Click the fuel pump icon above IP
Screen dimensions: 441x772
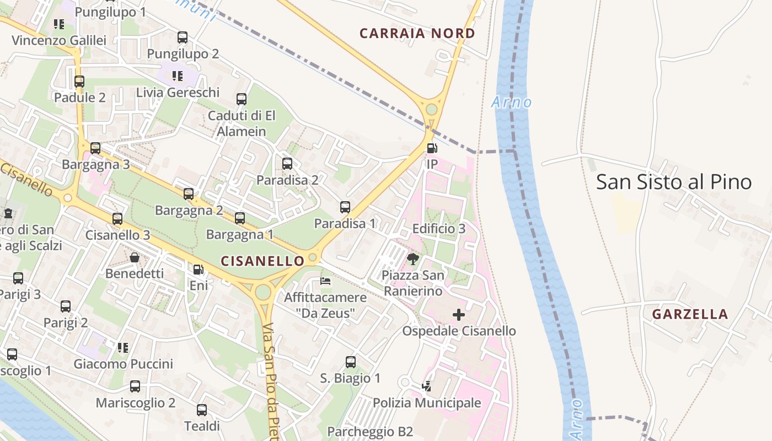coord(432,148)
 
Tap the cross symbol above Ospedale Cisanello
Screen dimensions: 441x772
coord(459,315)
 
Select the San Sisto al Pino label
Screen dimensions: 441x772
coord(674,182)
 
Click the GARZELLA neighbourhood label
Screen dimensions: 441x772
coord(690,315)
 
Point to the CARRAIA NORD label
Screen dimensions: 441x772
coord(417,34)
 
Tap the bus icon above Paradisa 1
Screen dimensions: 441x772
coord(345,207)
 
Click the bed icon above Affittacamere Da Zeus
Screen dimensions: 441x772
coord(325,281)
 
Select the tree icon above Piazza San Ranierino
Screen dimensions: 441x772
coord(412,259)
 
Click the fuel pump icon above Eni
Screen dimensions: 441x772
coord(199,270)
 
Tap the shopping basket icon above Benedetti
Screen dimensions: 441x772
coord(135,257)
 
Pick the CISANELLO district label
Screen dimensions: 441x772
coord(262,261)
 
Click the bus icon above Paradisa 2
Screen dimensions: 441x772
coord(287,164)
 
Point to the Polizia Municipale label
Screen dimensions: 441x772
coord(427,403)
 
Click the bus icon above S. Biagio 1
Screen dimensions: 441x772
coord(351,362)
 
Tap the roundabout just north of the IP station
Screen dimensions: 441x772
coord(431,109)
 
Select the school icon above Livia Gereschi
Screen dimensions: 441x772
coord(178,76)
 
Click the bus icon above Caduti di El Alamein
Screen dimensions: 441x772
coord(242,99)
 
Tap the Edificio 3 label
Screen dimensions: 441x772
coord(439,229)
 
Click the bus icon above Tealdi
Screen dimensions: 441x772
coord(202,410)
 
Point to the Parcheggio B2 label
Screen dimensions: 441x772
coord(370,432)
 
